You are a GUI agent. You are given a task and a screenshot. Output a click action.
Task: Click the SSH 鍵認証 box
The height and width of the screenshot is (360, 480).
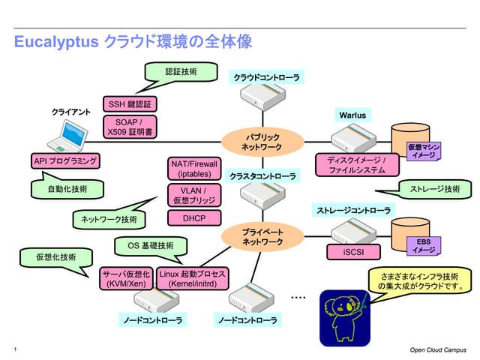tap(130, 104)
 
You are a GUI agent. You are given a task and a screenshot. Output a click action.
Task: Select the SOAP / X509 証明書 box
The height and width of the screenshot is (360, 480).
tap(130, 127)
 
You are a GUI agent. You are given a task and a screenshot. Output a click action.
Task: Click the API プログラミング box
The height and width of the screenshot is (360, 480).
tap(65, 161)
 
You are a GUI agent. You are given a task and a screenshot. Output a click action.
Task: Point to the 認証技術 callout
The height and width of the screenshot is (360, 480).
tap(181, 72)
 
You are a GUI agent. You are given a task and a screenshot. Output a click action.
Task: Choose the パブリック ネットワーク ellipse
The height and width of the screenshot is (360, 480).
tap(261, 142)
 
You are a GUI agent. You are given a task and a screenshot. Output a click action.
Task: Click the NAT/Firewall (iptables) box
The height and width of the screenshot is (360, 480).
tap(194, 168)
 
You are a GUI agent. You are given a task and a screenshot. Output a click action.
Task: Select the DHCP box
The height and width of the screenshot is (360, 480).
tap(194, 218)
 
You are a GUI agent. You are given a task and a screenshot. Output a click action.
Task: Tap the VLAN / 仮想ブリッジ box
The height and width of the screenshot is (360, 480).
tap(194, 196)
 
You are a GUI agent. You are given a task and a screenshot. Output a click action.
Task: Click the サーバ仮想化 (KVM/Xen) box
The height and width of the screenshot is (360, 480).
tap(126, 280)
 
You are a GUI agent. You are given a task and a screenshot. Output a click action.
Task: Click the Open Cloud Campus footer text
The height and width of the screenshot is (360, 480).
tap(438, 349)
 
